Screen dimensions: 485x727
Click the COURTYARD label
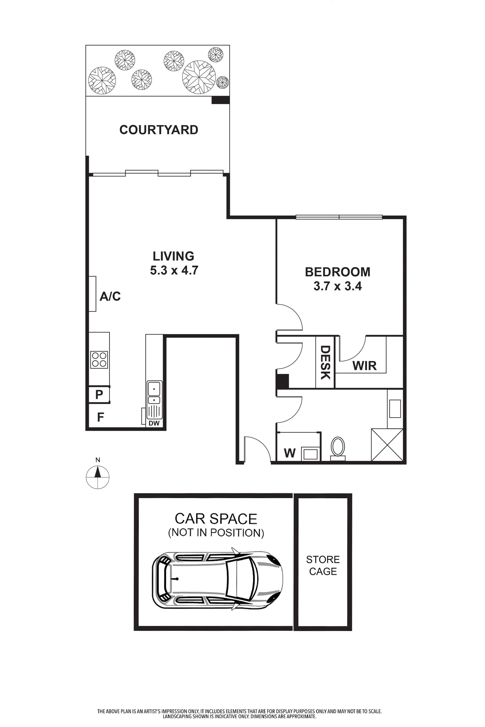(159, 130)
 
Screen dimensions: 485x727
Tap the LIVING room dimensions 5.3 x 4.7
(174, 271)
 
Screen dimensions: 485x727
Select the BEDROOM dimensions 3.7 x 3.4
(337, 286)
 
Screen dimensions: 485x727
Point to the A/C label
(110, 296)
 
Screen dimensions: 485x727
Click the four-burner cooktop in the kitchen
(99, 360)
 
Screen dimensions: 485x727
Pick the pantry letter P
(99, 395)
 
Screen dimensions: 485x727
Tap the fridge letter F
(100, 417)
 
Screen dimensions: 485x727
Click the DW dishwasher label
(154, 423)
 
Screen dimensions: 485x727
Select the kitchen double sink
(154, 392)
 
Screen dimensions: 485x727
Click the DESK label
(325, 362)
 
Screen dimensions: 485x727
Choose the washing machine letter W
(290, 453)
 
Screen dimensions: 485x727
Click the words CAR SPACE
(216, 519)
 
